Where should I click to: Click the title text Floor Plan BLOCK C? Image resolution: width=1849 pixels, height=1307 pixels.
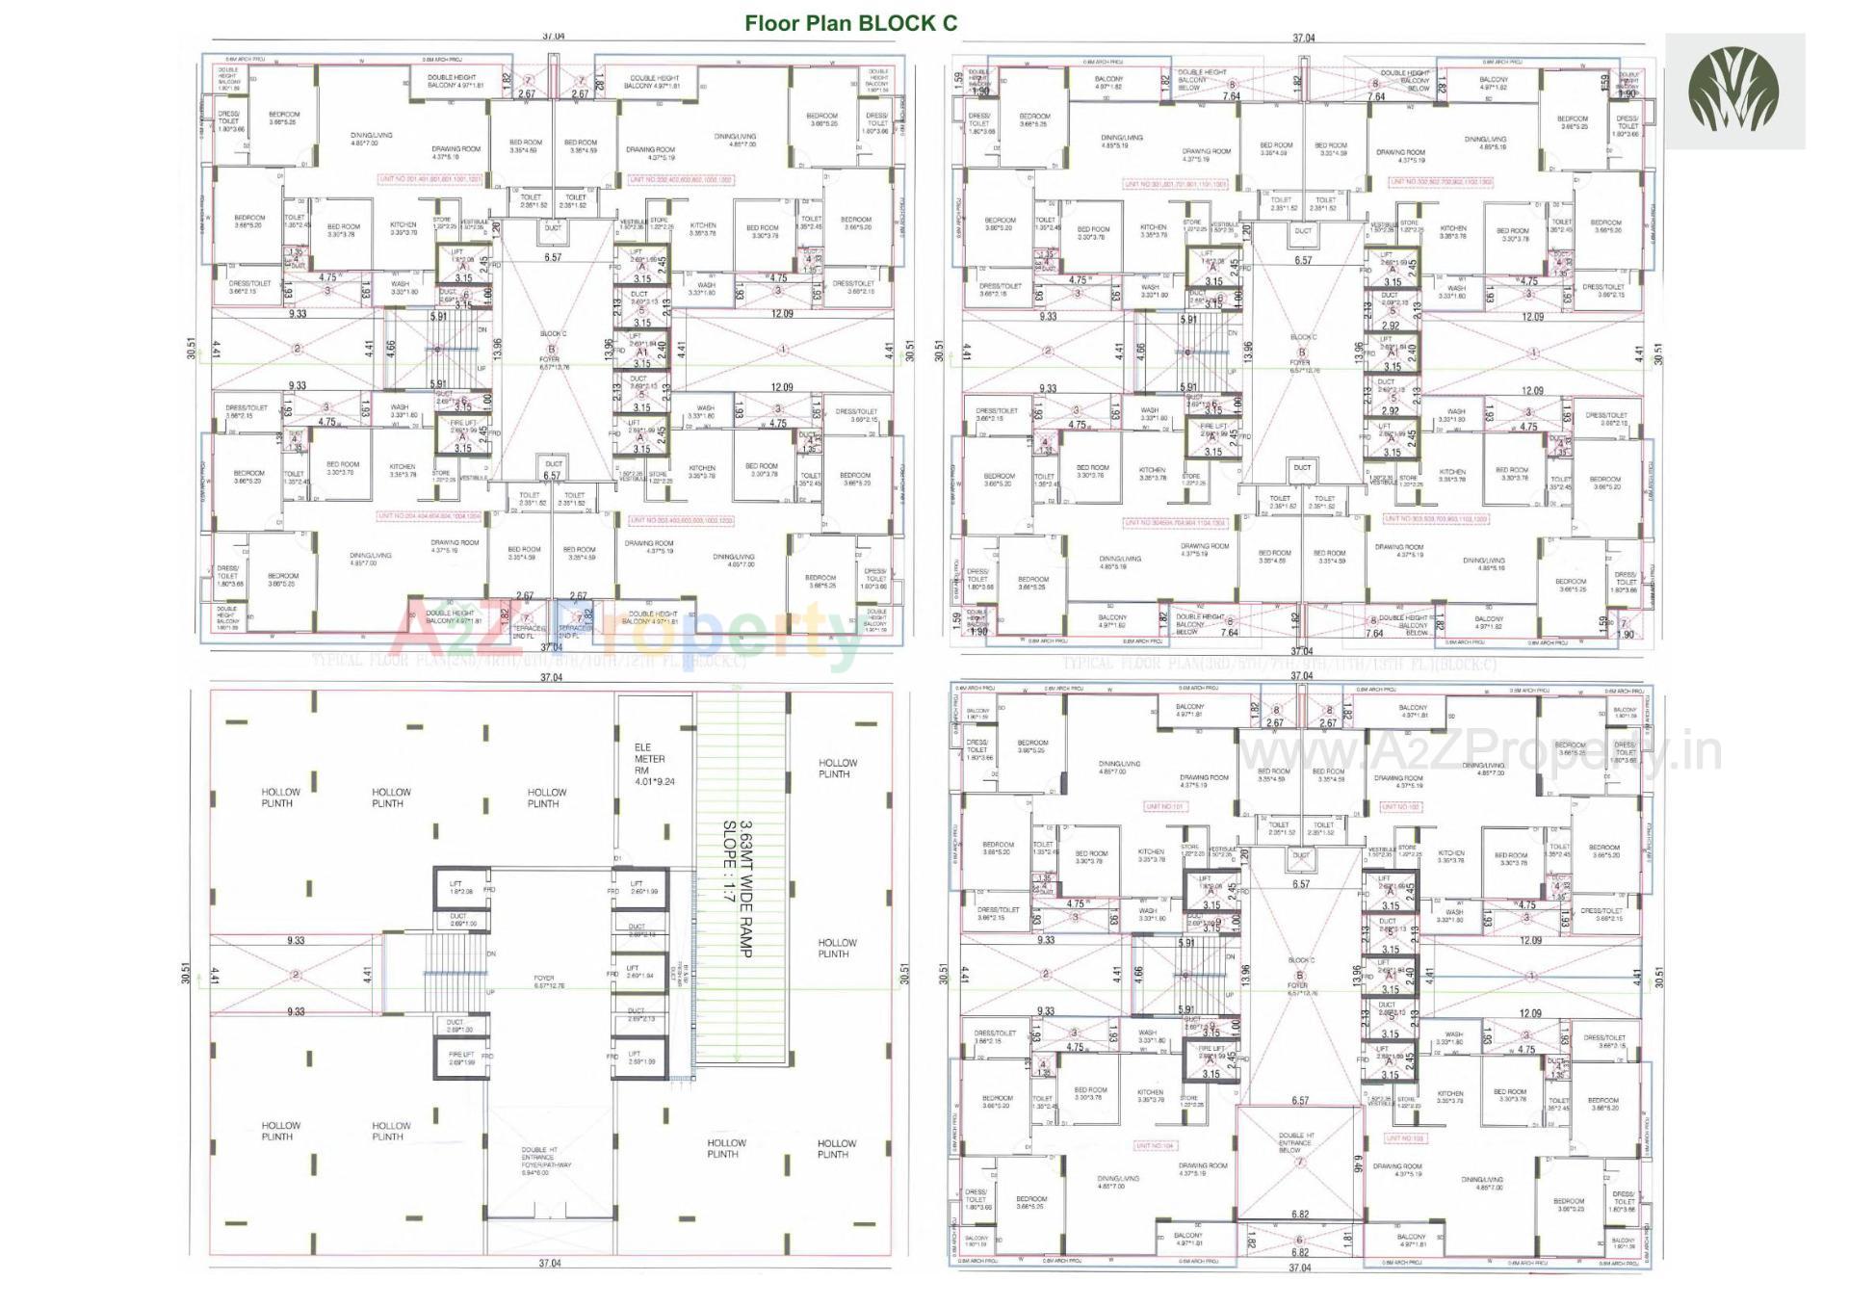pyautogui.click(x=851, y=22)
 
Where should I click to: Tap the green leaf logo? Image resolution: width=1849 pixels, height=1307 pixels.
pyautogui.click(x=1734, y=91)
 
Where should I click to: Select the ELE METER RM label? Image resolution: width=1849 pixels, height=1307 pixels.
pyautogui.click(x=654, y=764)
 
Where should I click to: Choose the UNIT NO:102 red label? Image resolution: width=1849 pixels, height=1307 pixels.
pyautogui.click(x=1400, y=806)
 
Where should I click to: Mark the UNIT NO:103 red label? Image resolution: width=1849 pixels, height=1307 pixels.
pyautogui.click(x=1405, y=1137)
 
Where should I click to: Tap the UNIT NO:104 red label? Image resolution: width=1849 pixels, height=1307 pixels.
pyautogui.click(x=1155, y=1146)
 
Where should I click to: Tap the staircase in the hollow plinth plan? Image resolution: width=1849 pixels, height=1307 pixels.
pyautogui.click(x=456, y=976)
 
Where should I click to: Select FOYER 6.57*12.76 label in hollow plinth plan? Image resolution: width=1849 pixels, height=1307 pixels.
pyautogui.click(x=544, y=981)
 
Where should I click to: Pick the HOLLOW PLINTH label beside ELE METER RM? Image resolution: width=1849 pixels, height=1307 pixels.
pyautogui.click(x=543, y=797)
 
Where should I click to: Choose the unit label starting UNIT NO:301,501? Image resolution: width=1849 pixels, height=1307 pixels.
pyautogui.click(x=1174, y=184)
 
